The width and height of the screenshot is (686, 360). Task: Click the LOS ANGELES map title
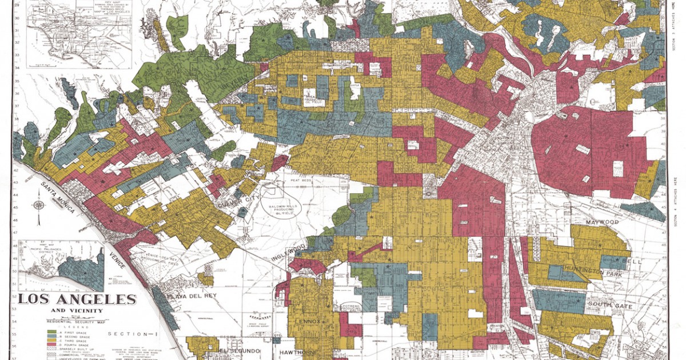[x=77, y=299]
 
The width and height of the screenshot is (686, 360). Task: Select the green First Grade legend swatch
[x=51, y=331]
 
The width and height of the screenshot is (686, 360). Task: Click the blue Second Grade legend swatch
[x=51, y=337]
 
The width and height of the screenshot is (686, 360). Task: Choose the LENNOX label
[x=309, y=322]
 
